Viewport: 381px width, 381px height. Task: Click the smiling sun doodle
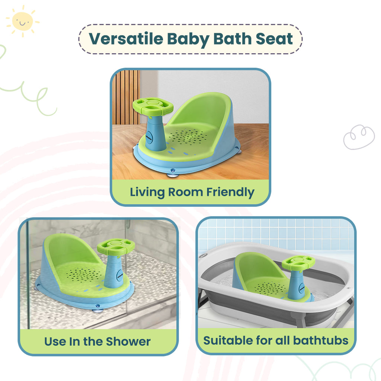pos(22,21)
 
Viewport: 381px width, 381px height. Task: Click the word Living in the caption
pos(147,192)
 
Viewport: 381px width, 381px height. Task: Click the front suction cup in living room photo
pos(172,173)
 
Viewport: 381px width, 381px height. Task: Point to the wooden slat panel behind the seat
pos(127,97)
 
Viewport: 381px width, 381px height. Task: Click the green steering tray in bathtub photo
pos(298,262)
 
